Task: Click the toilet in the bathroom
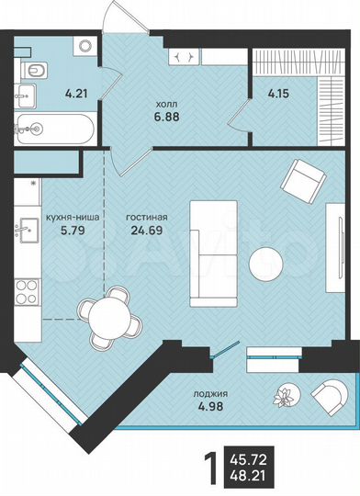pos(35,69)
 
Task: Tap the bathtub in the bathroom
pos(52,128)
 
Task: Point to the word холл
pos(165,102)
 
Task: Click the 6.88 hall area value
pos(165,117)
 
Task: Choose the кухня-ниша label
pos(73,220)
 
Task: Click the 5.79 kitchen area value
pos(73,233)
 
